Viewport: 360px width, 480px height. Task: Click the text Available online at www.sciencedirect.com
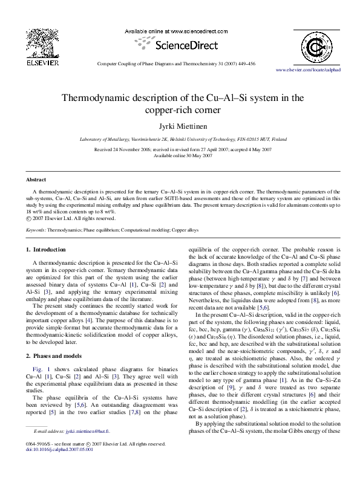pyautogui.click(x=179, y=30)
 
